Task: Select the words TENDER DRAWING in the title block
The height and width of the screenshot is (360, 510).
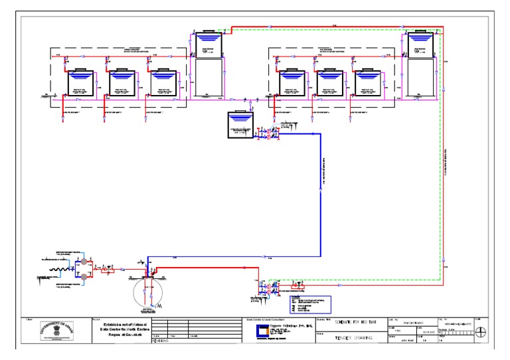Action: click(x=351, y=337)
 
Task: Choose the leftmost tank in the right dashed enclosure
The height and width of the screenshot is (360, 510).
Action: click(x=291, y=84)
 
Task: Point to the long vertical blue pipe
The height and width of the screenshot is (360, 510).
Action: click(x=321, y=193)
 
